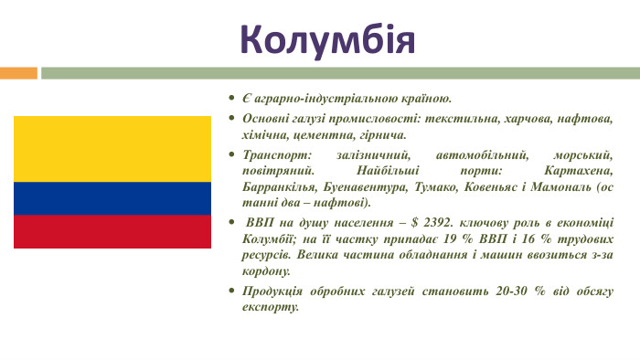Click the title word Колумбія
(326, 39)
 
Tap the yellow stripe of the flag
(112, 149)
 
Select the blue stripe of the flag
(112, 197)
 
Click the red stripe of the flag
(112, 231)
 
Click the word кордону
(266, 271)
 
